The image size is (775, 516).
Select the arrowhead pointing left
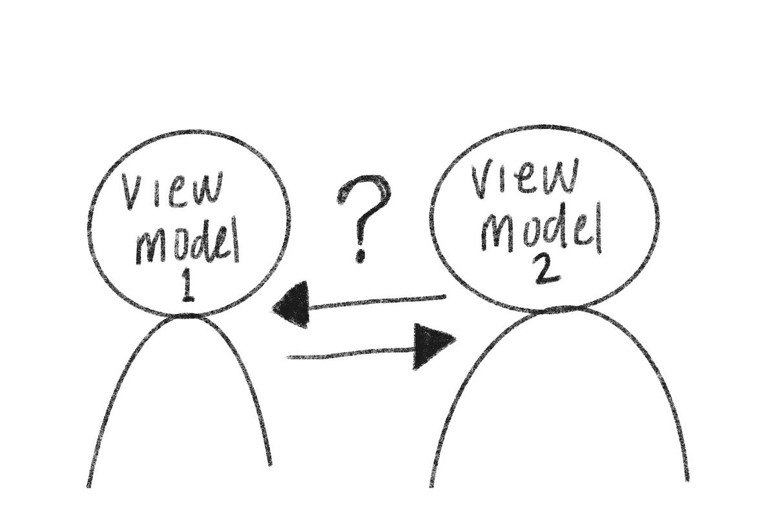click(289, 308)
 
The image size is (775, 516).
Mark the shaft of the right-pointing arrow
click(349, 353)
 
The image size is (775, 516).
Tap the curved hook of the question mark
click(368, 193)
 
